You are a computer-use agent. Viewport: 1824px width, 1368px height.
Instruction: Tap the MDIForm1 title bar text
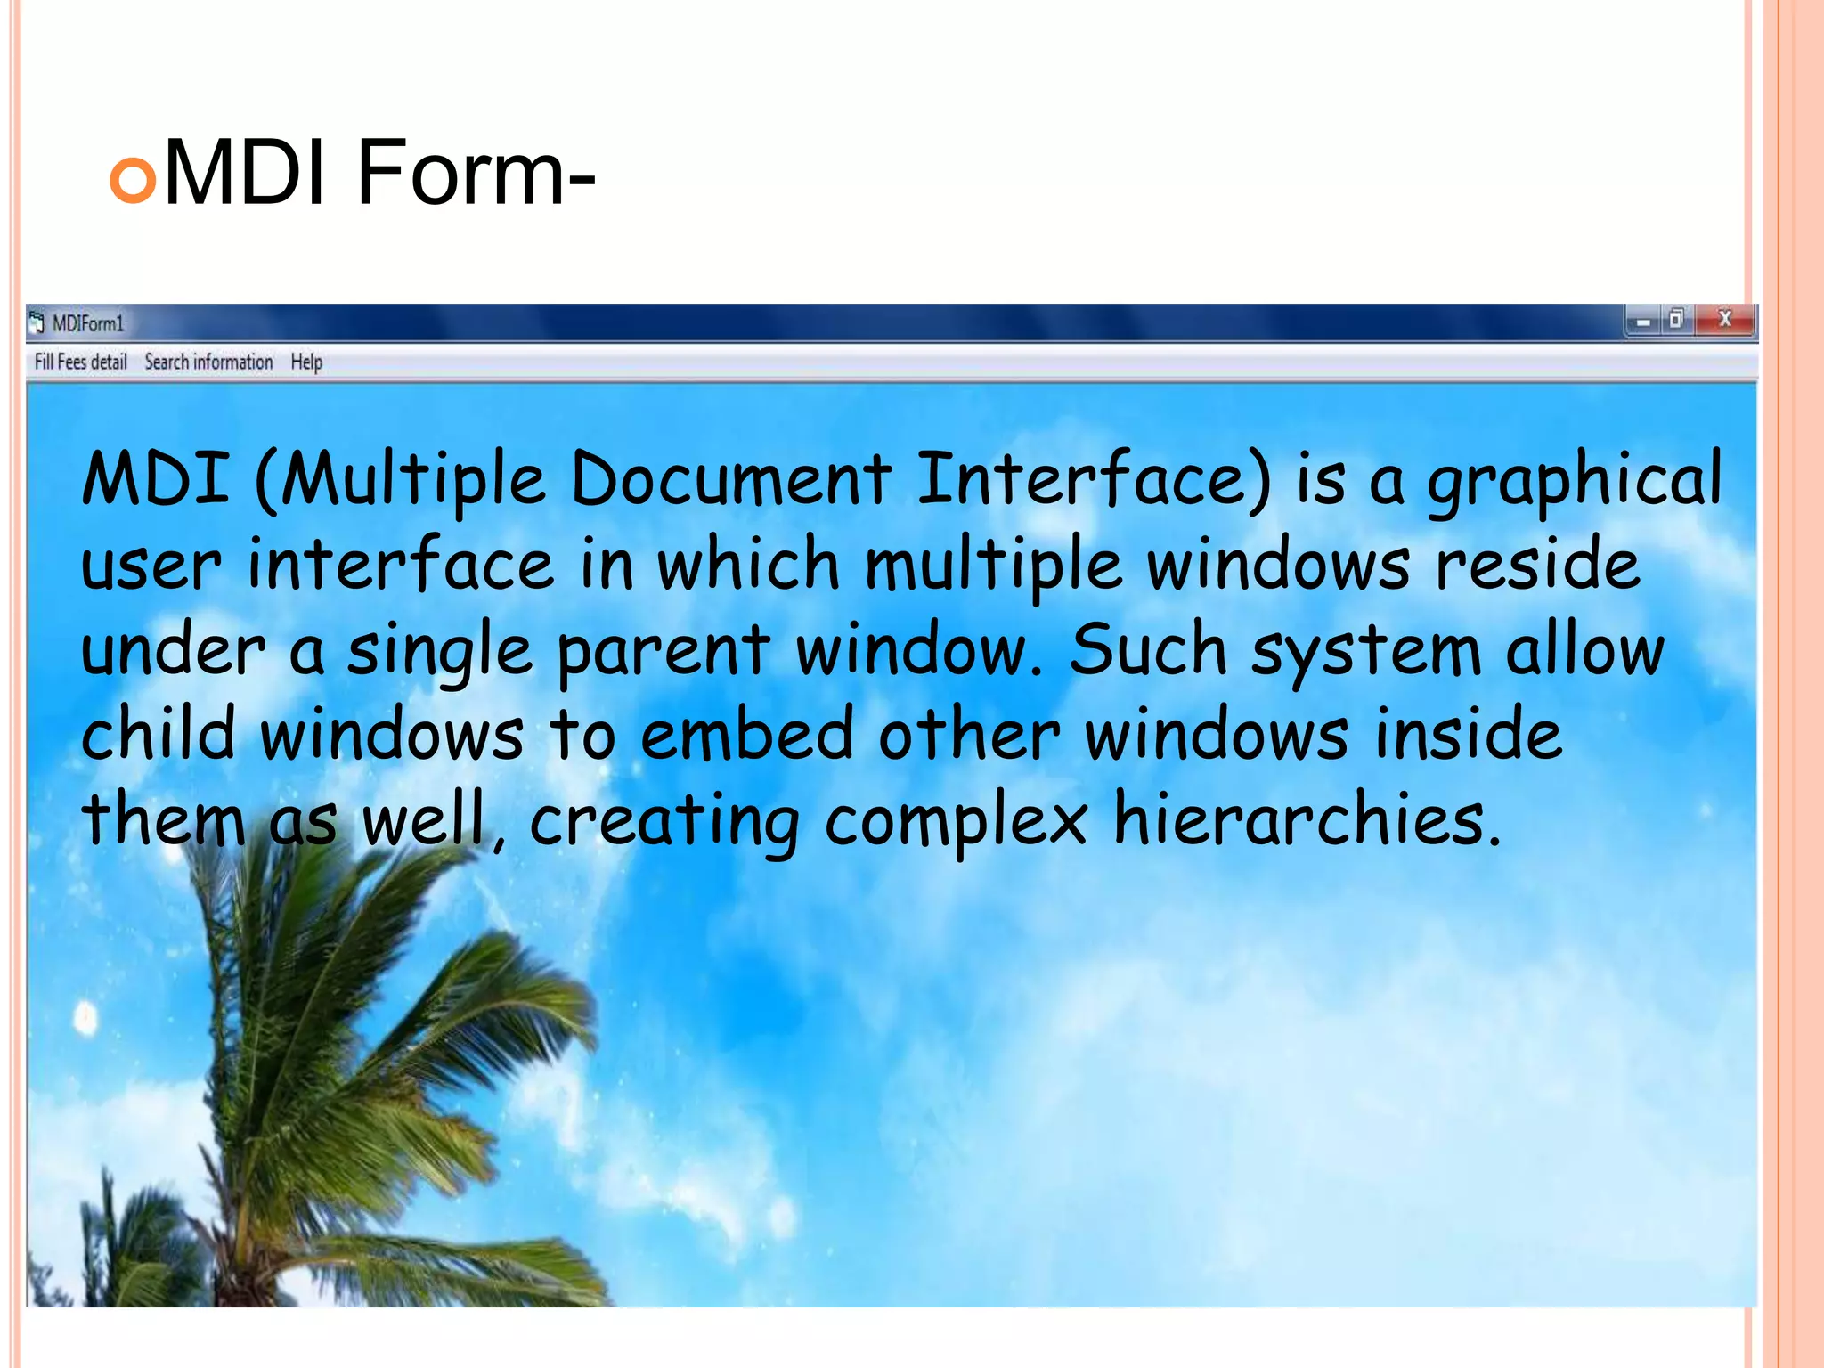[x=87, y=323]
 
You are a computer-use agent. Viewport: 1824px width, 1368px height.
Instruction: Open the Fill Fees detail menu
[x=80, y=362]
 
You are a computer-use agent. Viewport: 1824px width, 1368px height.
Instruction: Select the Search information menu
[x=208, y=362]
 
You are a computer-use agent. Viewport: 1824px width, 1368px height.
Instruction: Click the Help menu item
[x=306, y=362]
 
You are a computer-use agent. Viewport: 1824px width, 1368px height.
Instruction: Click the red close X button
[x=1724, y=319]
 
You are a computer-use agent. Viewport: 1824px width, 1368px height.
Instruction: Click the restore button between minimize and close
[x=1676, y=319]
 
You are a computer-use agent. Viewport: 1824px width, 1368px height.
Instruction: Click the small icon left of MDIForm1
[x=37, y=322]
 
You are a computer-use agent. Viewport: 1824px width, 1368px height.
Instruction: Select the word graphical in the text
[x=1574, y=481]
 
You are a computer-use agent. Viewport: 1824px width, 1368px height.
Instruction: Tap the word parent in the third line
[x=663, y=650]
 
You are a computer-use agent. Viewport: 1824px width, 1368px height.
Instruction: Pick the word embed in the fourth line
[x=746, y=734]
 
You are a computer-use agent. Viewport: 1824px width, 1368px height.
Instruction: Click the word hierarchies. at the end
[x=1307, y=818]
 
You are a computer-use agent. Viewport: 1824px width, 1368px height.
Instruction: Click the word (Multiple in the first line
[x=400, y=481]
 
